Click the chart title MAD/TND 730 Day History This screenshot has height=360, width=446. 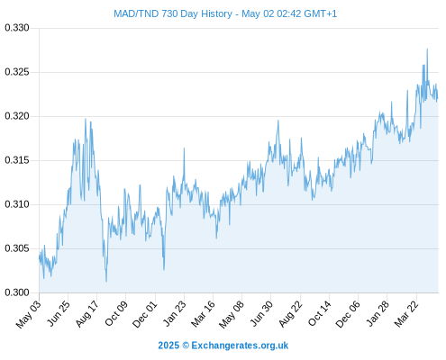point(173,13)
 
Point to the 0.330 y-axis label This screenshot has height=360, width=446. point(17,28)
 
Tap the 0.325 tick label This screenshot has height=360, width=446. point(17,72)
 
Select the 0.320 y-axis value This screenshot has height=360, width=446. point(17,116)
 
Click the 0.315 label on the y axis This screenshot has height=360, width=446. point(17,160)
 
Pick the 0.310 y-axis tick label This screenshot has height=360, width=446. point(17,204)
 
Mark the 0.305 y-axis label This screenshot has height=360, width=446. point(17,248)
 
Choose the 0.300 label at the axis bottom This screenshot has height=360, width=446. point(17,292)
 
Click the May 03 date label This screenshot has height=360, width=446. point(28,314)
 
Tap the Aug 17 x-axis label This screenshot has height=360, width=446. point(86,314)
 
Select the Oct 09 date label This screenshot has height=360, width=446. point(116,314)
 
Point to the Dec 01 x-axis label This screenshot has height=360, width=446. point(145,314)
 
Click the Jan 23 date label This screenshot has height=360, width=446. point(175,314)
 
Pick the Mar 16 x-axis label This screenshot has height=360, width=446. point(204,314)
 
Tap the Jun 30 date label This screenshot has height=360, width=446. point(261,314)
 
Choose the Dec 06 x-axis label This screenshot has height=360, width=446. point(348,314)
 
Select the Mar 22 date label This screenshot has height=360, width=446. point(406,314)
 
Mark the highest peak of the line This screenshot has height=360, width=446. point(427,49)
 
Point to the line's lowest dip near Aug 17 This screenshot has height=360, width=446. point(106,282)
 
